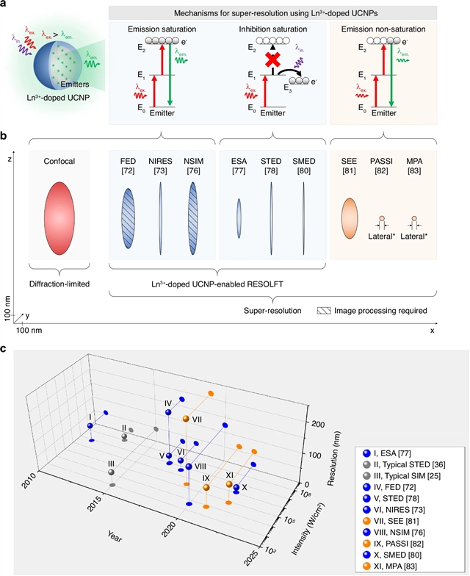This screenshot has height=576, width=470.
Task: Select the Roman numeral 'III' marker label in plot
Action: pyautogui.click(x=111, y=464)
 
